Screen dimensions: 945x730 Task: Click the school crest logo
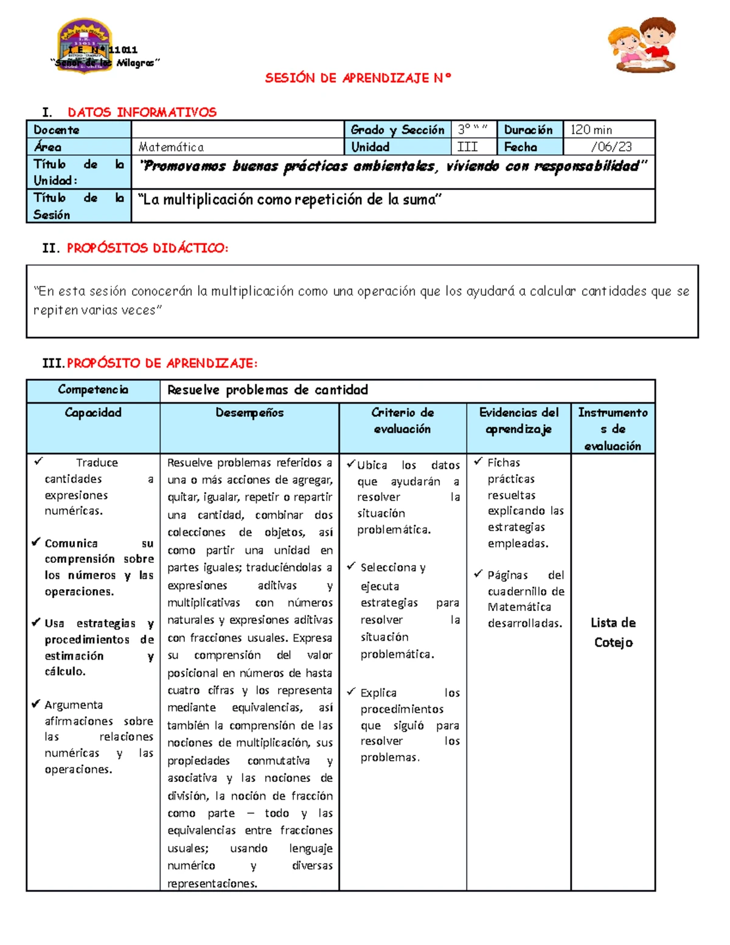[x=84, y=46]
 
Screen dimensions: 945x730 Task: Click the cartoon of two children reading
[x=642, y=45]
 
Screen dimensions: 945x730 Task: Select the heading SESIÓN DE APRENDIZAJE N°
[x=358, y=78]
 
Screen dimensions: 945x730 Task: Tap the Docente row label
[x=57, y=130]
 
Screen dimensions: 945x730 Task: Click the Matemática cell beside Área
[x=171, y=147]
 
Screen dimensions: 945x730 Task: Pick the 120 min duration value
[x=591, y=130]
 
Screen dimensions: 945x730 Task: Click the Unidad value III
[x=467, y=147]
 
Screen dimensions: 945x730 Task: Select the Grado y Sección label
[x=397, y=130]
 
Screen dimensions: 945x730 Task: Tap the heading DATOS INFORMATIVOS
[x=142, y=112]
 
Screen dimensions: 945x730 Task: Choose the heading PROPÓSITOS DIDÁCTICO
[x=147, y=248]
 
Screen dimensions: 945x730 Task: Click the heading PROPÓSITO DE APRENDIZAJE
[x=162, y=363]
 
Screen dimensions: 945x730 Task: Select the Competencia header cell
[x=93, y=389]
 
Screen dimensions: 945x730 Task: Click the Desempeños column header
[x=249, y=413]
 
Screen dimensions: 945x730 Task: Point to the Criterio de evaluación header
[x=402, y=420]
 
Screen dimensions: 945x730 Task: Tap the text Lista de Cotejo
[x=613, y=632]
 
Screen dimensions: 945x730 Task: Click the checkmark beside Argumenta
[x=36, y=704]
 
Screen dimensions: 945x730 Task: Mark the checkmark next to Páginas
[x=478, y=574]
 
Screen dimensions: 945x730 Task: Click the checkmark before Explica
[x=351, y=692]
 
